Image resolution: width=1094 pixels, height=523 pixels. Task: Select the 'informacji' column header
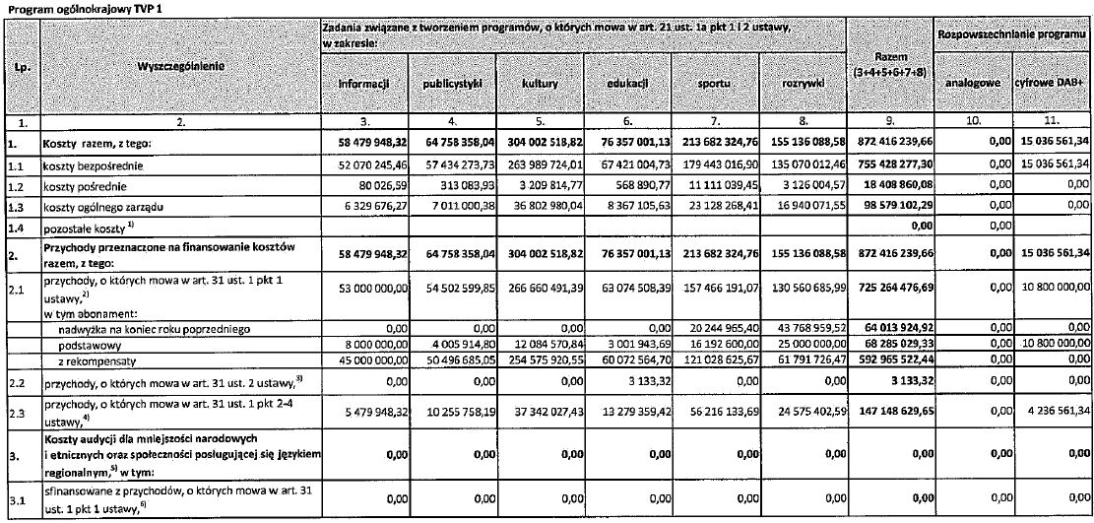[x=364, y=85]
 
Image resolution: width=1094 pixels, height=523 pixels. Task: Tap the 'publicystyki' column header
[x=452, y=85]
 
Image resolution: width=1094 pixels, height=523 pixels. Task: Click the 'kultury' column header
[x=540, y=85]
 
